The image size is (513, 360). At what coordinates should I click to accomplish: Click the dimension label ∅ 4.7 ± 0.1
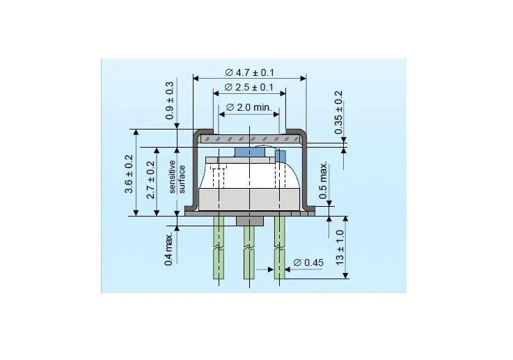click(249, 72)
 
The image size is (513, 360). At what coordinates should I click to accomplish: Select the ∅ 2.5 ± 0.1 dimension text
click(249, 87)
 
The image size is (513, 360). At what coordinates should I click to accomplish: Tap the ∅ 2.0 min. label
click(249, 107)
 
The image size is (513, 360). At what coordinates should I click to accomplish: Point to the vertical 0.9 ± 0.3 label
click(170, 100)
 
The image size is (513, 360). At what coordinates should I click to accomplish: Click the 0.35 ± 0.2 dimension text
click(338, 113)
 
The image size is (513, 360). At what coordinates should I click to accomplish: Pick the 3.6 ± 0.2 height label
click(129, 174)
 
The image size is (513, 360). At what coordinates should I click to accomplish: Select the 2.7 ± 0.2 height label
click(150, 180)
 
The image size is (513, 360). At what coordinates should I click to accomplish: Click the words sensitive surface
click(177, 176)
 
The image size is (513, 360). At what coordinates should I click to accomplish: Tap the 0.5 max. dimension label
click(323, 180)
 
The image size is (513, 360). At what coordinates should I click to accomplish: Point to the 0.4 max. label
click(168, 250)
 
